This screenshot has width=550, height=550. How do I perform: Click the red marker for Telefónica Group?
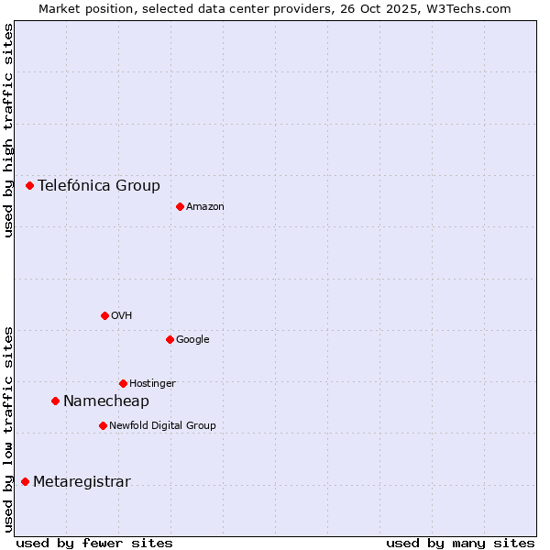(29, 185)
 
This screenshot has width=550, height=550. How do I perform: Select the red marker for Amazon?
(180, 206)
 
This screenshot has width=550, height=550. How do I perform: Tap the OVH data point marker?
(104, 315)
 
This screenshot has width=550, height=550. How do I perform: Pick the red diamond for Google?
(170, 339)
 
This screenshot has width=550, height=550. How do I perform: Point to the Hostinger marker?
(123, 383)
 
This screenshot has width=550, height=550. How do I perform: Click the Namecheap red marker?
(55, 401)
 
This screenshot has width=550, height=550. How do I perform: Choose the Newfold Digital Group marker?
(103, 425)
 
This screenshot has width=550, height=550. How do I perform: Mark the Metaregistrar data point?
(25, 482)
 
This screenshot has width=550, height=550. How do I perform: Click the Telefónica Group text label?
(99, 186)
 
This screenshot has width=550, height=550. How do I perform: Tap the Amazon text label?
(205, 207)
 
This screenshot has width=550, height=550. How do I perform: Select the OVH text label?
(122, 316)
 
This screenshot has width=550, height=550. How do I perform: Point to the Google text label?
(192, 340)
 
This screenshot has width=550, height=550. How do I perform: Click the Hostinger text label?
(152, 384)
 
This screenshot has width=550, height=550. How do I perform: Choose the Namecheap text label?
(106, 401)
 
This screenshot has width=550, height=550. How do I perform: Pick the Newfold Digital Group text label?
(162, 426)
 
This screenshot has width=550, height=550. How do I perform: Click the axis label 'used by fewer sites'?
(94, 543)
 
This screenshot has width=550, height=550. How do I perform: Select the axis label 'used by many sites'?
(460, 543)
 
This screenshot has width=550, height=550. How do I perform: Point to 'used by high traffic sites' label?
(8, 130)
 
